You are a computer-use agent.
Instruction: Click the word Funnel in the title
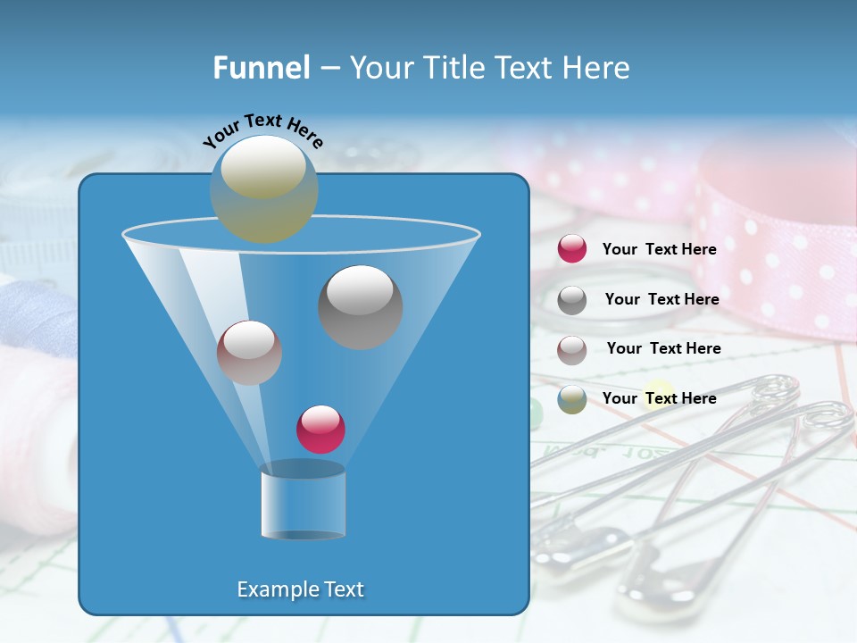[x=261, y=68]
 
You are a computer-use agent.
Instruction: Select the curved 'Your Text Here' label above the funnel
[x=262, y=131]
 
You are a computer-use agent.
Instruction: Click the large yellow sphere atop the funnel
[x=264, y=188]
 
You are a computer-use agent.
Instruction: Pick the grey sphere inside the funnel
[x=361, y=306]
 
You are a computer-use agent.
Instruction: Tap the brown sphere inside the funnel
[x=249, y=352]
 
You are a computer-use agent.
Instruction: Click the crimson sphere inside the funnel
[x=320, y=429]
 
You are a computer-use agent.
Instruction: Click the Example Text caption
[x=301, y=589]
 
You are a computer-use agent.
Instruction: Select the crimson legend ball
[x=571, y=249]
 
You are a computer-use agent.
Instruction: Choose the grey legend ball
[x=571, y=299]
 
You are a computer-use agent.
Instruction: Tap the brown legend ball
[x=571, y=349]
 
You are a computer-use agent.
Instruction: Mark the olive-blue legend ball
[x=571, y=398]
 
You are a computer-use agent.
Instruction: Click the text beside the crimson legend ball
[x=659, y=249]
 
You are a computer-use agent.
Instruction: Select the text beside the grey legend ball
[x=661, y=299]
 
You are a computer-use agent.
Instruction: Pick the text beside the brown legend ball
[x=663, y=348]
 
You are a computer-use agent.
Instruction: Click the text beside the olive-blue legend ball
[x=659, y=398]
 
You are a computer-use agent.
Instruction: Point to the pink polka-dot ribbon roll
[x=777, y=232]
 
